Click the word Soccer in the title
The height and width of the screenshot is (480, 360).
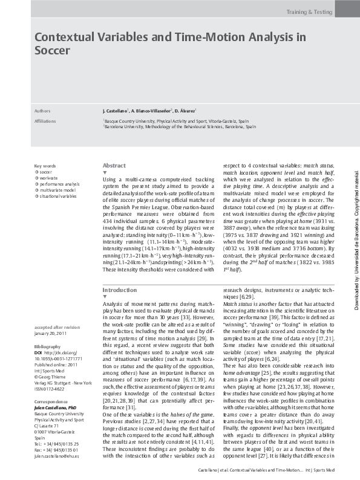pos(52,51)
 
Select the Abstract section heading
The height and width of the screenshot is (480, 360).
pos(114,165)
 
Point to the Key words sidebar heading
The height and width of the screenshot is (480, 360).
pos(45,166)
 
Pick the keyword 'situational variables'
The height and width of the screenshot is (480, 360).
pos(57,196)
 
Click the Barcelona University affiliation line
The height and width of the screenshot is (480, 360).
pos(179,128)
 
